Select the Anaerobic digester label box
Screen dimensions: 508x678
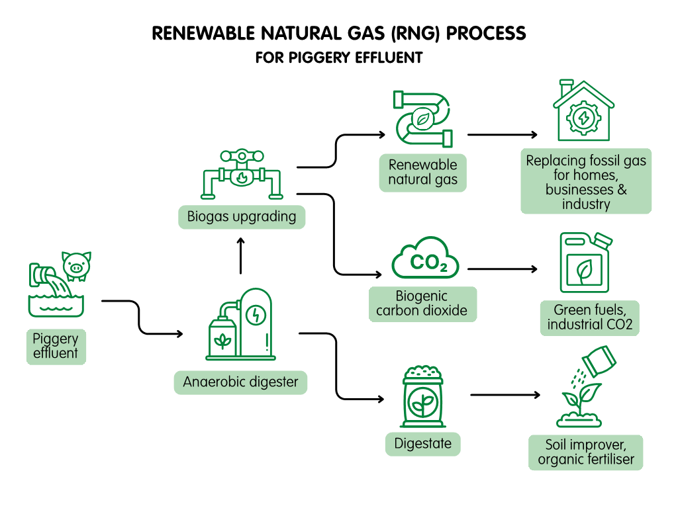(240, 382)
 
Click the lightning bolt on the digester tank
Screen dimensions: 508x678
(254, 316)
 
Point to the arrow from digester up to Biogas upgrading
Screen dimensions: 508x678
(240, 256)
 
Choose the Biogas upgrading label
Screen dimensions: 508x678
(242, 216)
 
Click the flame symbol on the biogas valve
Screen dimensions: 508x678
(242, 177)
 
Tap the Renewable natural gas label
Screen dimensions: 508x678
(422, 172)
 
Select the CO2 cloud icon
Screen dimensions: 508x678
(424, 260)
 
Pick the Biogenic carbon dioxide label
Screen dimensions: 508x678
(422, 304)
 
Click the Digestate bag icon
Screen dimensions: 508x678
(422, 398)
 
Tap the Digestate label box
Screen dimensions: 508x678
(422, 444)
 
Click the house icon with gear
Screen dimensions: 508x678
(583, 112)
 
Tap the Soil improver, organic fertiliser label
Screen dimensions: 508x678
(585, 452)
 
